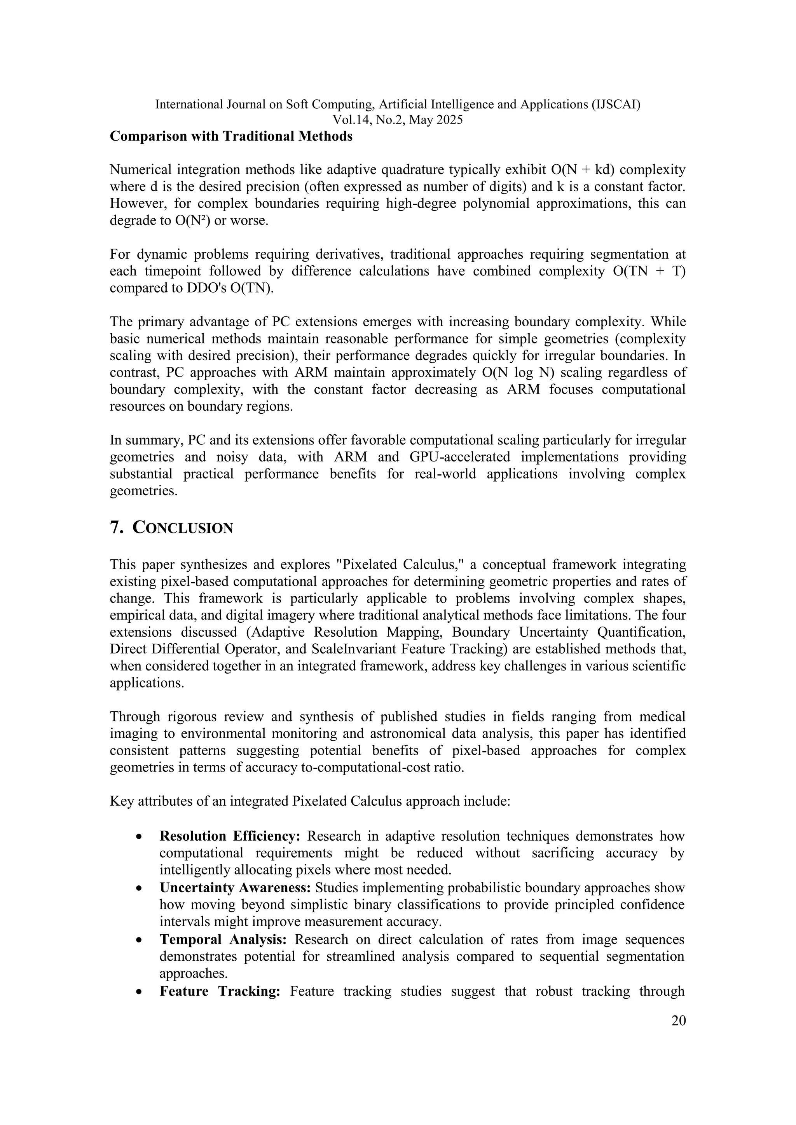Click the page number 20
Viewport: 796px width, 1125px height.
click(678, 1021)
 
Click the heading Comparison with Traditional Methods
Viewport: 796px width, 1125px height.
click(231, 137)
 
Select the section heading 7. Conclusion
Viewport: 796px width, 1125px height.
click(171, 528)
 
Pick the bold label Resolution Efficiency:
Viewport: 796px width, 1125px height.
click(229, 836)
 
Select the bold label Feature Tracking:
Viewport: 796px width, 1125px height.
click(220, 992)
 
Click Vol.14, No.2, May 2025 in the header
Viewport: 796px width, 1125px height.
click(398, 120)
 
